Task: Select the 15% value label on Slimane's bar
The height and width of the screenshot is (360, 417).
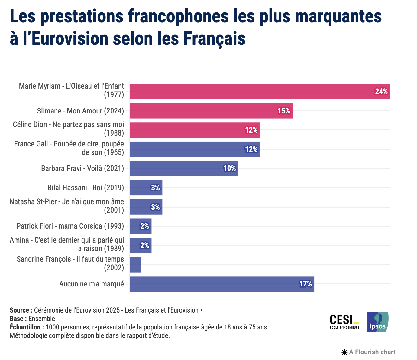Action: pos(284,111)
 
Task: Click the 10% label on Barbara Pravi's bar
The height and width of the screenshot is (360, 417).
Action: pos(229,169)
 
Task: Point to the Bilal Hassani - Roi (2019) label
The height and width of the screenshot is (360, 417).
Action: pos(86,188)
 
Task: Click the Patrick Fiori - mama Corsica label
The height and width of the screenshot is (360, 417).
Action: pos(70,226)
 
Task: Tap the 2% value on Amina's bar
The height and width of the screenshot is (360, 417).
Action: pos(144,245)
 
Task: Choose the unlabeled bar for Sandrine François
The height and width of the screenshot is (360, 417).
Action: pos(135,265)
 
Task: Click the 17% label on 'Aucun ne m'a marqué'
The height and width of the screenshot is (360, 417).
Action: pos(305,284)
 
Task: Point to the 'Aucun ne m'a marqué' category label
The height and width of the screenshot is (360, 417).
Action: pos(92,284)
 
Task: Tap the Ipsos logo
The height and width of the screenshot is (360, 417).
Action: pos(377,322)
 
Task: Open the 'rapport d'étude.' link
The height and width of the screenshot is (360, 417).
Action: pos(148,336)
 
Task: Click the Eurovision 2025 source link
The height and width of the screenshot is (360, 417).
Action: pos(116,310)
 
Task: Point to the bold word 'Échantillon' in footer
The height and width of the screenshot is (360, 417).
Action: pos(26,327)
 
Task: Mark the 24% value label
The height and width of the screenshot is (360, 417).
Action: pos(381,92)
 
